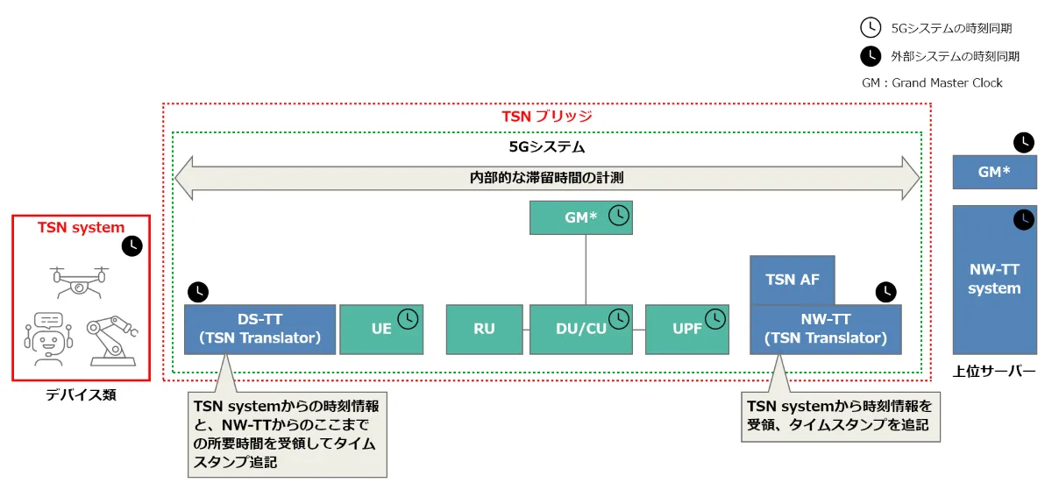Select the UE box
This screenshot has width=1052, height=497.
point(381,330)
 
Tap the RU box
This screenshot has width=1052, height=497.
point(484,330)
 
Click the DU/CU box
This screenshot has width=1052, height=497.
point(580,330)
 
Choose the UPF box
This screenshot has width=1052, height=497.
point(686,330)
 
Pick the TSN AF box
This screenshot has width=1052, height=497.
point(792,280)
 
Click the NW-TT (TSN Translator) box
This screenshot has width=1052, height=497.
point(825,329)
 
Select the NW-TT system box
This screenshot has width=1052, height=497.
point(994,279)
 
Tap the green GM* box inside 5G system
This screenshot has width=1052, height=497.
point(580,217)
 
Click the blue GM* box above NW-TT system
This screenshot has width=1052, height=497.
point(994,172)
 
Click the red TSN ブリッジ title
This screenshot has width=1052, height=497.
point(546,116)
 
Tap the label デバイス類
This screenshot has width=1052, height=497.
point(81,395)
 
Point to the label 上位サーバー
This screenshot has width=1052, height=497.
point(994,371)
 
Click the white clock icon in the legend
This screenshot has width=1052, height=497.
point(870,28)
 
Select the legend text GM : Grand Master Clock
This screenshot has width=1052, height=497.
point(932,82)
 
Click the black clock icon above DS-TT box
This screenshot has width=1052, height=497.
point(199,291)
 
